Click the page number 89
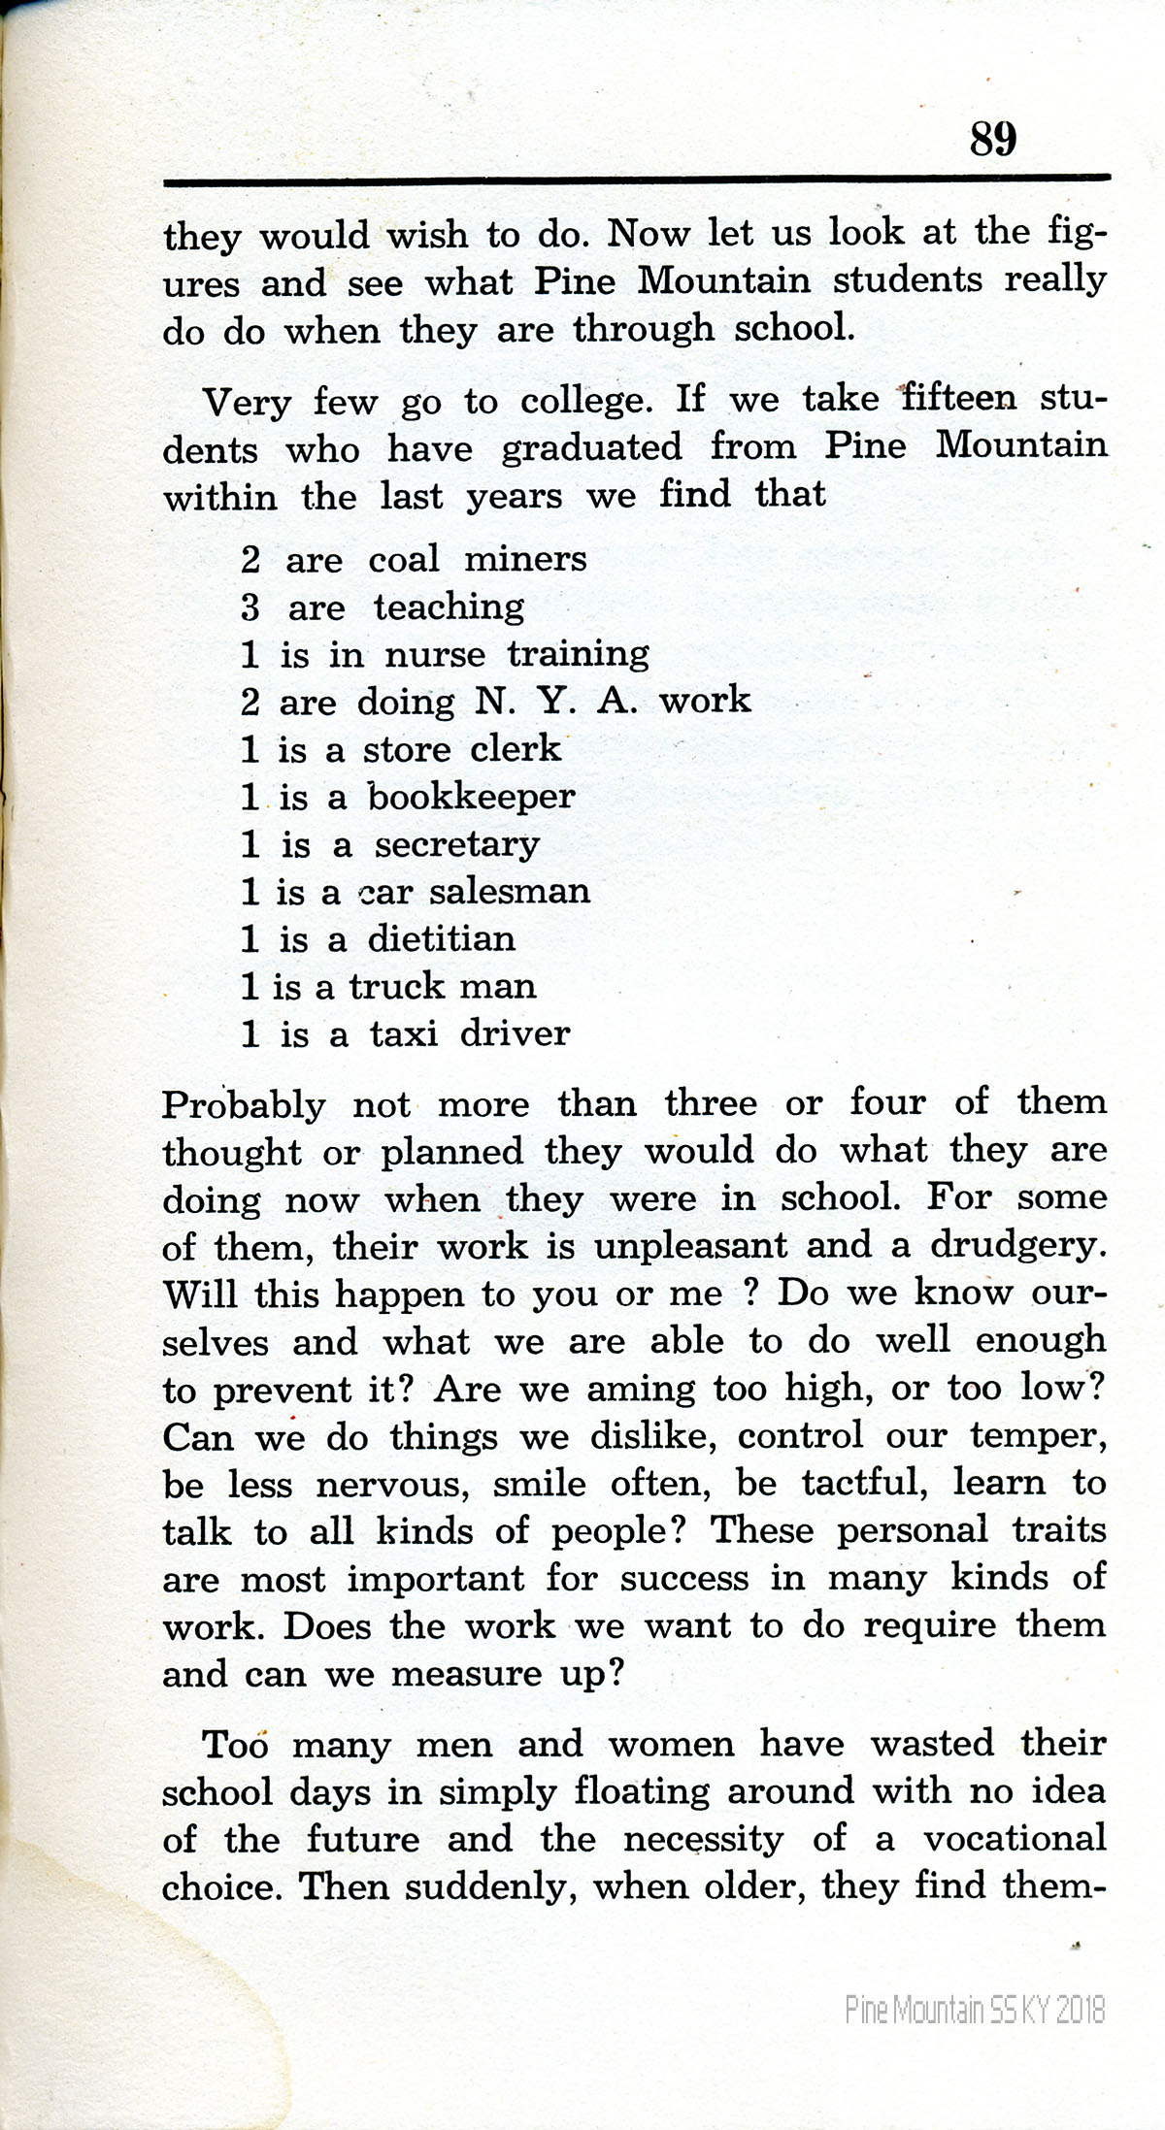click(992, 139)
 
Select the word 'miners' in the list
click(525, 559)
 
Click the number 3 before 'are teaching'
click(250, 607)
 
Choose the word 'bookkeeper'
click(471, 797)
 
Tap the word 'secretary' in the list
click(456, 845)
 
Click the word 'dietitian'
click(442, 938)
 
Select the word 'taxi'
click(403, 1034)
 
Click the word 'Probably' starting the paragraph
click(244, 1105)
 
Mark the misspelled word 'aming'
click(641, 1390)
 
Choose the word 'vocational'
click(1014, 1839)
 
